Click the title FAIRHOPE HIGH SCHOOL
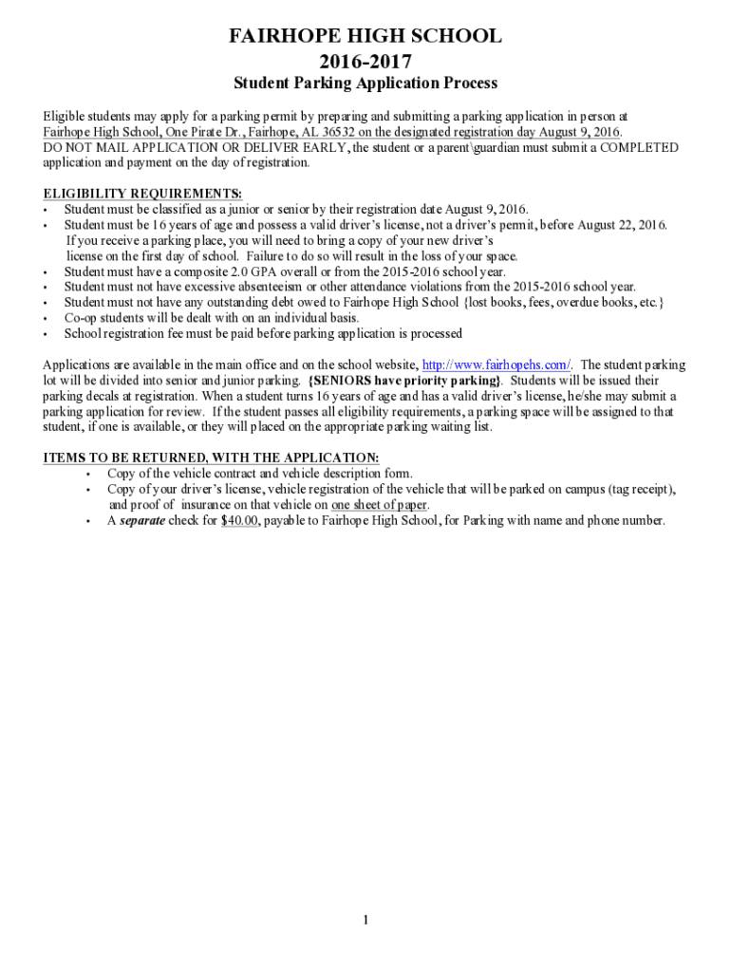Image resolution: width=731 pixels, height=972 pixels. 365,37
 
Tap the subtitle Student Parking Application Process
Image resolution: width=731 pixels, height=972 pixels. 365,84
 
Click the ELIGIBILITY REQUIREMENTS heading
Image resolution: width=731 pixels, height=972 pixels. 142,194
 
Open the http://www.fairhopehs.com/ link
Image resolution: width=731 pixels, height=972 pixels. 496,365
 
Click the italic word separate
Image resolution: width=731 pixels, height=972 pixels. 142,520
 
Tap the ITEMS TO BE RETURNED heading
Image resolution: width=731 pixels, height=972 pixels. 211,458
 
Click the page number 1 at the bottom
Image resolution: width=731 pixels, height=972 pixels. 365,920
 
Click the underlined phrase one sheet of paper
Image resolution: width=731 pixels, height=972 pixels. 379,505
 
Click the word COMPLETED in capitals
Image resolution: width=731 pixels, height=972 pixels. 639,147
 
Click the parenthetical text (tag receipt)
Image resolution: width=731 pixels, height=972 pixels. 641,489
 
